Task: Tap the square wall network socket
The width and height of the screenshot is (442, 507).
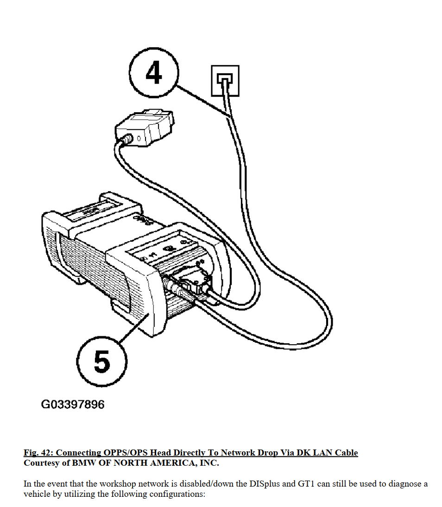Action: point(225,81)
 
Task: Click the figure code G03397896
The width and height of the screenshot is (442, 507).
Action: point(73,404)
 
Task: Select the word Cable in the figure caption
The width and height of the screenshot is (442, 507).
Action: point(346,453)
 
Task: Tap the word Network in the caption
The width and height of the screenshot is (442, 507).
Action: point(239,453)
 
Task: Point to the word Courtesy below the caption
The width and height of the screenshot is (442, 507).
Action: point(42,463)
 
